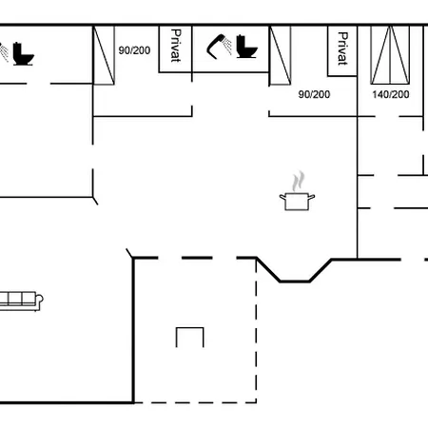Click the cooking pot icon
tap(297, 201)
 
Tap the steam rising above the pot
tap(298, 181)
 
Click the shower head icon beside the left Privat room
tap(219, 47)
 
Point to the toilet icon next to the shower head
tap(246, 47)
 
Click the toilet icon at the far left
tap(23, 53)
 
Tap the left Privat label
tap(175, 46)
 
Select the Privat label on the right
tap(342, 49)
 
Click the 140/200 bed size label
tap(391, 94)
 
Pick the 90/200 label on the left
tap(134, 50)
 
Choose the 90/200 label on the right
tap(314, 94)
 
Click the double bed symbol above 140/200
tap(390, 55)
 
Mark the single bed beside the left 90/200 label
tap(104, 55)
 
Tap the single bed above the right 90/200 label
tap(280, 55)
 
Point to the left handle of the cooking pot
tap(282, 197)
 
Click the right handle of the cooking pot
tap(312, 197)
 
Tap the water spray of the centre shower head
tap(227, 46)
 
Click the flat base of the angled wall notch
tap(295, 282)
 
